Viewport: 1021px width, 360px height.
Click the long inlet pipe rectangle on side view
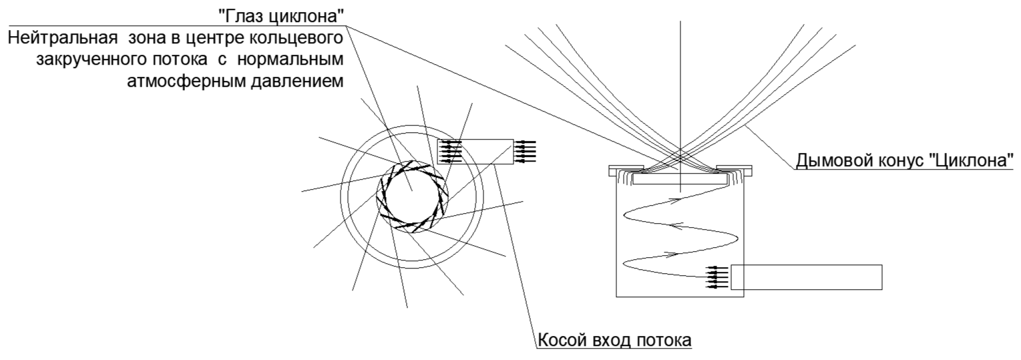[x=806, y=277]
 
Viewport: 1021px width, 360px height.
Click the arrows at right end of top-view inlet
[x=526, y=151]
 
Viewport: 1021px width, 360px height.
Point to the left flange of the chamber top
[x=626, y=171]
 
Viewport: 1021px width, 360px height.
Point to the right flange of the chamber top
[x=734, y=171]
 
